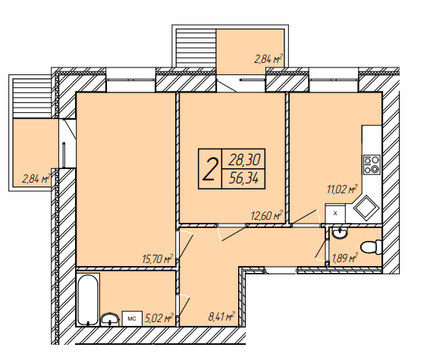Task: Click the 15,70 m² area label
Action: tap(158, 258)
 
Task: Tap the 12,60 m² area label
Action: tap(267, 215)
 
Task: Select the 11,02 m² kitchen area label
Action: tap(342, 189)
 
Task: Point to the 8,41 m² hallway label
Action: tap(221, 317)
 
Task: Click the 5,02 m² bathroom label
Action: tap(159, 318)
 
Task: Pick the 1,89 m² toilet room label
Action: tap(344, 258)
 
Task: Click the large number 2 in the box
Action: tap(210, 170)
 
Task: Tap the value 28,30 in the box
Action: tap(244, 160)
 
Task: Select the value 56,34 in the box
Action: tap(243, 179)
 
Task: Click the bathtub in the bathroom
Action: tap(87, 299)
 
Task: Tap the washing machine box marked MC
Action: tap(132, 318)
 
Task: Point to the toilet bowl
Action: tap(371, 247)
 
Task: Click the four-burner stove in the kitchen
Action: tap(372, 165)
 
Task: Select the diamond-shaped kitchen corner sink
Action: tap(366, 208)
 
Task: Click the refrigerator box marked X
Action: tap(335, 214)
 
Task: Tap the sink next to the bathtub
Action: tap(110, 319)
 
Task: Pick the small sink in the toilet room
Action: tap(339, 233)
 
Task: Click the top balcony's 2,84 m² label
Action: tap(268, 59)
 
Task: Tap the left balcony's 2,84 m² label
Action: tap(36, 179)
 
